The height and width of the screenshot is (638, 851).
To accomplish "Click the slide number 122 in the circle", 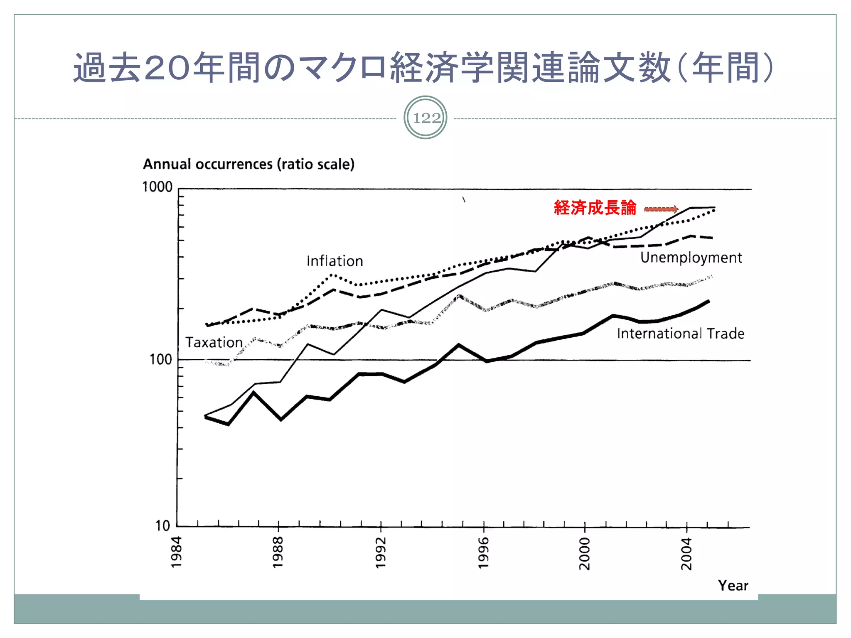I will [x=425, y=118].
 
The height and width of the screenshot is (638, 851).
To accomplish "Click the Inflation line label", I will [x=334, y=261].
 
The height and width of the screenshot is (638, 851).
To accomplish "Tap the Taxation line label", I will [x=214, y=342].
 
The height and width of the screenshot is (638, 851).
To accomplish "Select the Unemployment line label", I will [x=691, y=258].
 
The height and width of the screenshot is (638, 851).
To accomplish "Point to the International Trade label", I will [x=680, y=334].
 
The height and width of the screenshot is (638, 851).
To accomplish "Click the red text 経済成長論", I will [x=595, y=208].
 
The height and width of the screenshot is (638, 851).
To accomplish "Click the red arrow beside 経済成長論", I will [x=661, y=209].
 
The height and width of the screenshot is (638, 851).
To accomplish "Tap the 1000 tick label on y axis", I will [x=157, y=187].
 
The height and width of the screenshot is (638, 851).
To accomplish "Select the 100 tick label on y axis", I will [x=160, y=359].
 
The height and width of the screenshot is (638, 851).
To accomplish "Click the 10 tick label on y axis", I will [x=163, y=526].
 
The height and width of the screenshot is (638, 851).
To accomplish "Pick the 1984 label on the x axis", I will [x=176, y=552].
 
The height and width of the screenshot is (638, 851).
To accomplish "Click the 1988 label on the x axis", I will [x=278, y=552].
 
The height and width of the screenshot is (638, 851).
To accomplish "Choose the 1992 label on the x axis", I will [x=380, y=553].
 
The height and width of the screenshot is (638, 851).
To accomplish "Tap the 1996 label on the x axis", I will [x=483, y=553].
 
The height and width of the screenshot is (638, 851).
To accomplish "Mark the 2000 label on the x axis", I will [x=584, y=554].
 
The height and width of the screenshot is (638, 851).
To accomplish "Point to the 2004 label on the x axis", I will [x=686, y=554].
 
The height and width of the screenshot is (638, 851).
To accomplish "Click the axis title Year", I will [x=733, y=586].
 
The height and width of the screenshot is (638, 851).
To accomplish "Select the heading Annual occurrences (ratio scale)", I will [x=248, y=164].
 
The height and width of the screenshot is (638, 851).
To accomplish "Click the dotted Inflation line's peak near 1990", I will [x=332, y=275].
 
